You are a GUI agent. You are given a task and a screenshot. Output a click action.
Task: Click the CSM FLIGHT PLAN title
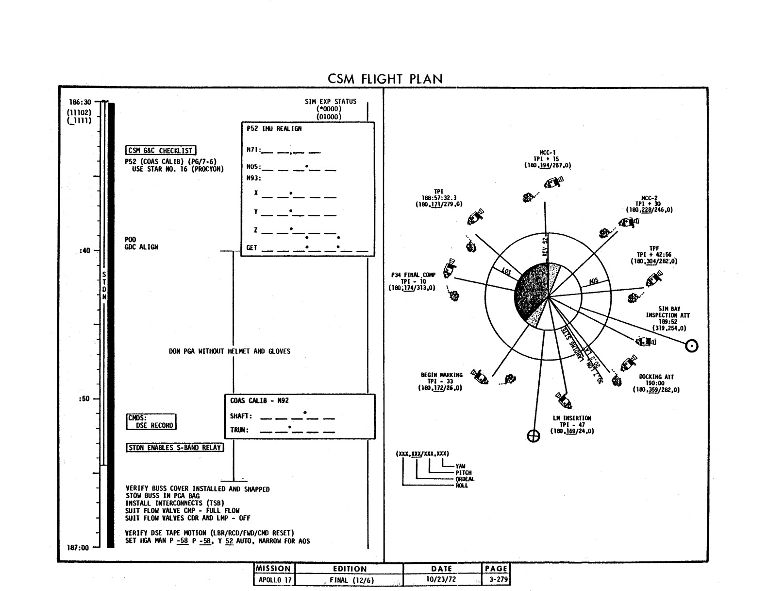point(385,79)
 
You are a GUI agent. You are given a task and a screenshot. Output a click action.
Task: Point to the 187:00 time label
point(78,548)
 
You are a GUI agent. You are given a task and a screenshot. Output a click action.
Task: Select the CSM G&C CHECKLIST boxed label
point(161,151)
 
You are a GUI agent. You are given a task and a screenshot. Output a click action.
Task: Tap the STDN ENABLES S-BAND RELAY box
point(175,448)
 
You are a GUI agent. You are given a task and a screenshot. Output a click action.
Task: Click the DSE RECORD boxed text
point(154,425)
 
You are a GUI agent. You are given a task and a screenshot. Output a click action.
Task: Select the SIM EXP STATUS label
point(330,102)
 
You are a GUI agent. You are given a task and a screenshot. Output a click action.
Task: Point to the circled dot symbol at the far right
point(691,346)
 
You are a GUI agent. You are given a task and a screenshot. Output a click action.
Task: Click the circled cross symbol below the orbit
point(534,436)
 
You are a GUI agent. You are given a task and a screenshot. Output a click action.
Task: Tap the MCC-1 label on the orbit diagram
point(547,152)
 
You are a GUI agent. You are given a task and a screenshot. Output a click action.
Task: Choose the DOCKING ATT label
point(656,377)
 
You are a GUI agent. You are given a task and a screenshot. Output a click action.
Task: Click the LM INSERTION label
point(572,418)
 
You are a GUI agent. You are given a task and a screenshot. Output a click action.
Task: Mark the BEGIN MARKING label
point(441,375)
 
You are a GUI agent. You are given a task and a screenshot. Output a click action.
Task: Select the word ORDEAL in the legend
point(465,479)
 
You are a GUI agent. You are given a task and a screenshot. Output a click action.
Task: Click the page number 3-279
point(496,580)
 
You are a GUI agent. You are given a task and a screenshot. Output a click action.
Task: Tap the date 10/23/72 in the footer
point(441,580)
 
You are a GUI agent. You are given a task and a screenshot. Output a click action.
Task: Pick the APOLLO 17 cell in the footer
point(274,580)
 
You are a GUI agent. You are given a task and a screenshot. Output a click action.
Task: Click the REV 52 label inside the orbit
point(545,247)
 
